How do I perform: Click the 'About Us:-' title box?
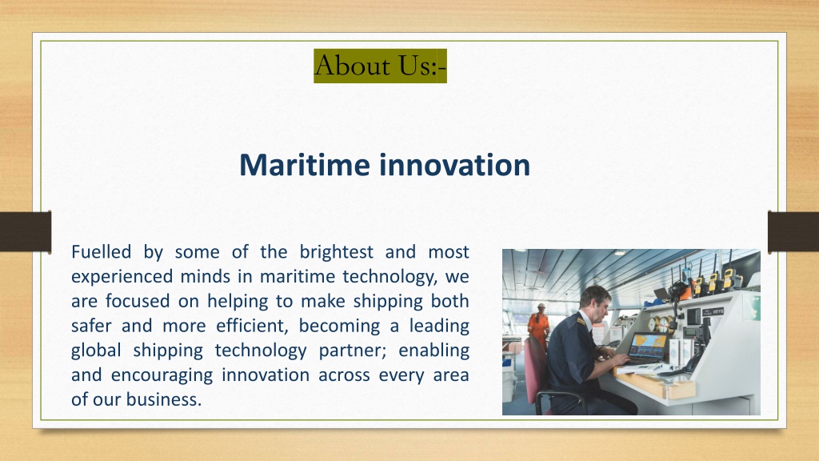pos(380,66)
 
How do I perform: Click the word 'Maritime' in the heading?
pos(305,165)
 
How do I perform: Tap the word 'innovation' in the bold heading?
pos(455,165)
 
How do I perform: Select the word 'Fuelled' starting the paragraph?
pos(102,252)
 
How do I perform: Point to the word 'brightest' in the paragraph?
pos(337,252)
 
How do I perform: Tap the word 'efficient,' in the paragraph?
pos(252,327)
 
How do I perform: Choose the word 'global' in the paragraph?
pos(96,351)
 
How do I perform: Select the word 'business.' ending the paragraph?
pos(163,400)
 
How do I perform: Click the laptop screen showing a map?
pos(648,346)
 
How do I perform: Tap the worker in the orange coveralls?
pos(538,326)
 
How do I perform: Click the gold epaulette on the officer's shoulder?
pos(579,320)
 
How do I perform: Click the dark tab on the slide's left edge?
pos(26,231)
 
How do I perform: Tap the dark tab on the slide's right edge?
pos(793,231)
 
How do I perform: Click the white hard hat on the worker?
pos(541,307)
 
